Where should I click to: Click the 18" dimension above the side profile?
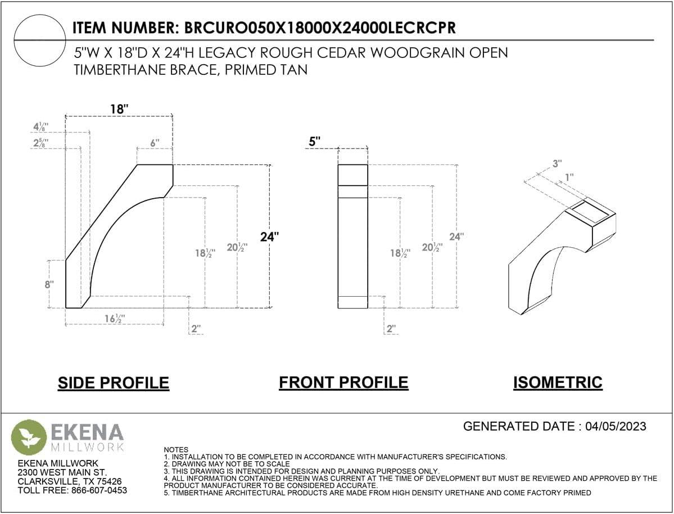pos(119,109)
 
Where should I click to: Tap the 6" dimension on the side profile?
pos(155,142)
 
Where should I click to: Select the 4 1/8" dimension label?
pos(41,127)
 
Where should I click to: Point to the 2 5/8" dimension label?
pos(41,142)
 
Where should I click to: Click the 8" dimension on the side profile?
pos(49,284)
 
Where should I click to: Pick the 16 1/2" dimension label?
pos(115,319)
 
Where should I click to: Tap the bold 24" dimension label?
pos(269,236)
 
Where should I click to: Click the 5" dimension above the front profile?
pos(315,141)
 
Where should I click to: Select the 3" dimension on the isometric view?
pos(557,164)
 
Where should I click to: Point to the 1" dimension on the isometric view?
pos(569,177)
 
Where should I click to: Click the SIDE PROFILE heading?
pos(114,383)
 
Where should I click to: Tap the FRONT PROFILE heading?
pos(343,382)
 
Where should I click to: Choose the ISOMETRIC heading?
pos(558,382)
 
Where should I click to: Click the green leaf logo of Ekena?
pos(29,437)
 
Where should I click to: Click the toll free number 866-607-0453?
pos(99,490)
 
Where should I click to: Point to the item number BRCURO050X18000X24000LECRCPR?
pos(320,28)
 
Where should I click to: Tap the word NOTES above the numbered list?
pos(176,449)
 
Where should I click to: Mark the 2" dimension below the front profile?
pos(391,329)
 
